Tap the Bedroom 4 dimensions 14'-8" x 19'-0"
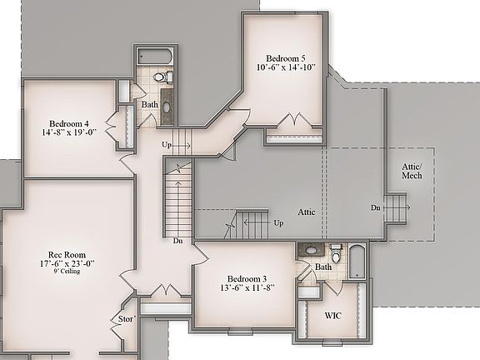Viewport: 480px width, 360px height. [69, 131]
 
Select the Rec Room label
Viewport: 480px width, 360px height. [65, 252]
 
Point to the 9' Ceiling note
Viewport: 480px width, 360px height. [65, 272]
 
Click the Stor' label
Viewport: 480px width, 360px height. [126, 318]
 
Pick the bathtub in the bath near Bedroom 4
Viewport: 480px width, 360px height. [155, 57]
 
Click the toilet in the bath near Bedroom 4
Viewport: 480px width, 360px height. [166, 77]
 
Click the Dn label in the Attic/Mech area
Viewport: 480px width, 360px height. [376, 207]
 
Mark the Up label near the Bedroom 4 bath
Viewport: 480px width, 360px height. [167, 144]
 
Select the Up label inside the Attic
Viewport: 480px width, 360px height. [278, 223]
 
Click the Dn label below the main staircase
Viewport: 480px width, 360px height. [177, 241]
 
